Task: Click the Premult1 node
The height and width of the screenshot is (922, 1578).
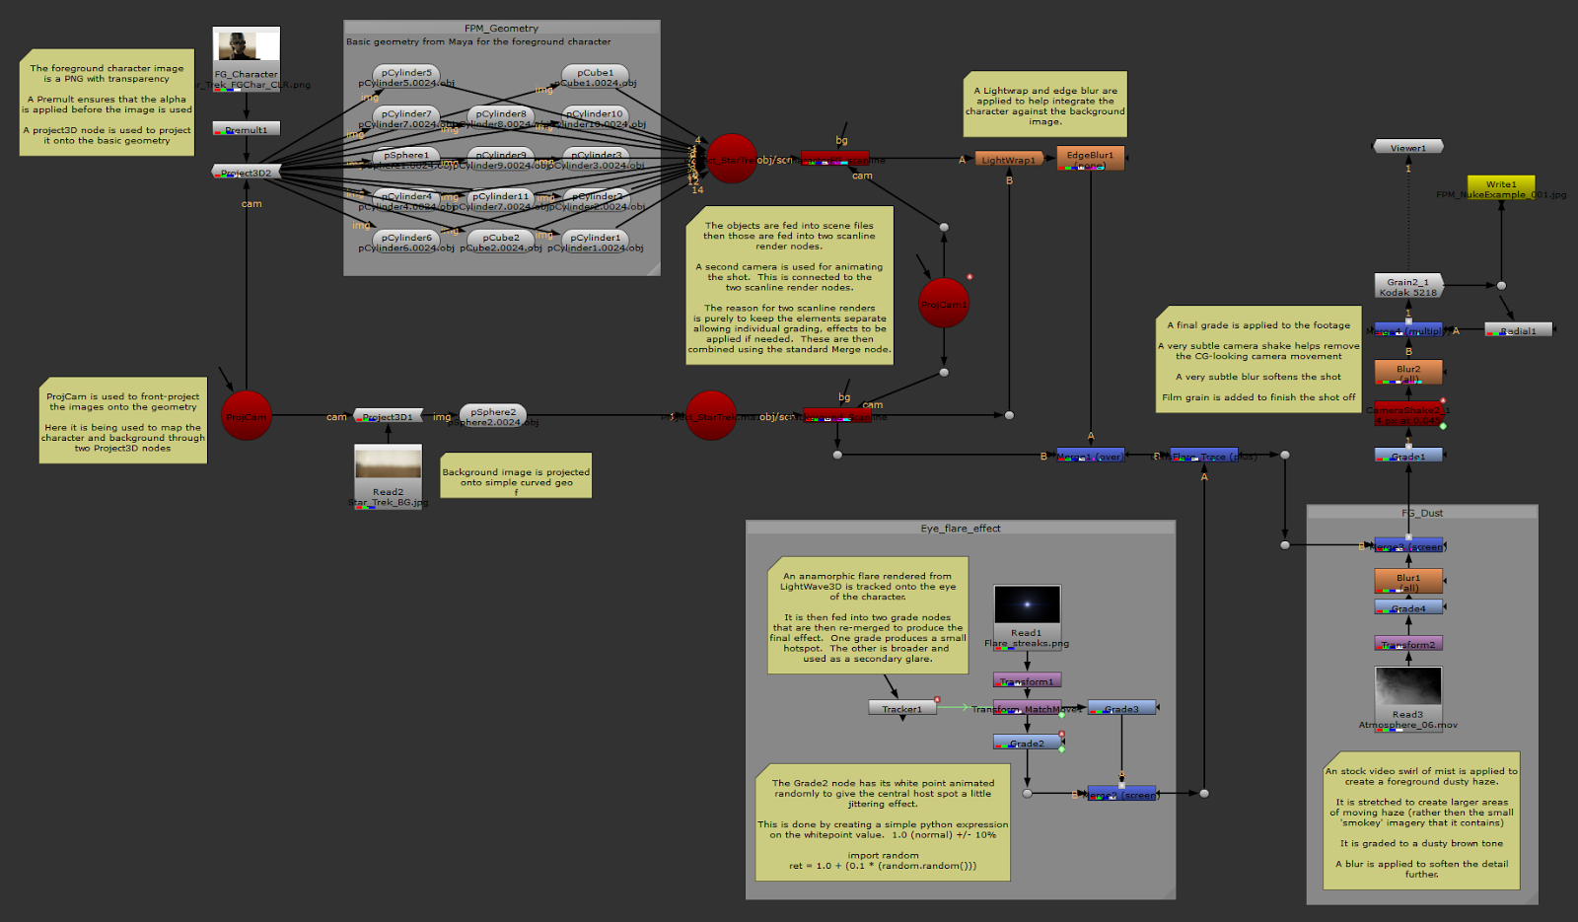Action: coord(247,129)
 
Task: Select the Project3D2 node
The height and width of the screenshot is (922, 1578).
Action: coord(247,173)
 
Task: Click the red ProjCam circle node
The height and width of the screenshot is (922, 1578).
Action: coord(247,416)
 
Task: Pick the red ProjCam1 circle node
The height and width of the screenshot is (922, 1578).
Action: coord(944,304)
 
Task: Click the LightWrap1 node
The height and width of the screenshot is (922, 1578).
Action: coord(1009,159)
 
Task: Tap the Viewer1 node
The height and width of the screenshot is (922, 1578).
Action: coord(1408,147)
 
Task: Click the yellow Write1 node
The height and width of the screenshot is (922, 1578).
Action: coord(1501,184)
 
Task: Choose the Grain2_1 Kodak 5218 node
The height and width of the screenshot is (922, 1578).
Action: coord(1408,286)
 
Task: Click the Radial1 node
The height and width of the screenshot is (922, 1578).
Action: coord(1519,330)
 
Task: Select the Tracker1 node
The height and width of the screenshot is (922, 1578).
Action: coord(902,708)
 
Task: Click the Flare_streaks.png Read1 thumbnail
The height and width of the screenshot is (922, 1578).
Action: coord(1027,604)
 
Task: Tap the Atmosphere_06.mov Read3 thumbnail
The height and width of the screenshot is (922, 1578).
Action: coord(1408,686)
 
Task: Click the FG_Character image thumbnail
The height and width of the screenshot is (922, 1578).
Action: coord(247,46)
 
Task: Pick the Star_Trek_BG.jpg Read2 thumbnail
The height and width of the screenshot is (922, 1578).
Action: coord(389,463)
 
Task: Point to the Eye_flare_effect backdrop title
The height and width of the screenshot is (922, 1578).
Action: coord(961,529)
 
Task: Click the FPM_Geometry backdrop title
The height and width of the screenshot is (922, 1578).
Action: coord(501,29)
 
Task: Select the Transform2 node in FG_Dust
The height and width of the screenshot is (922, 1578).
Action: coord(1408,644)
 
